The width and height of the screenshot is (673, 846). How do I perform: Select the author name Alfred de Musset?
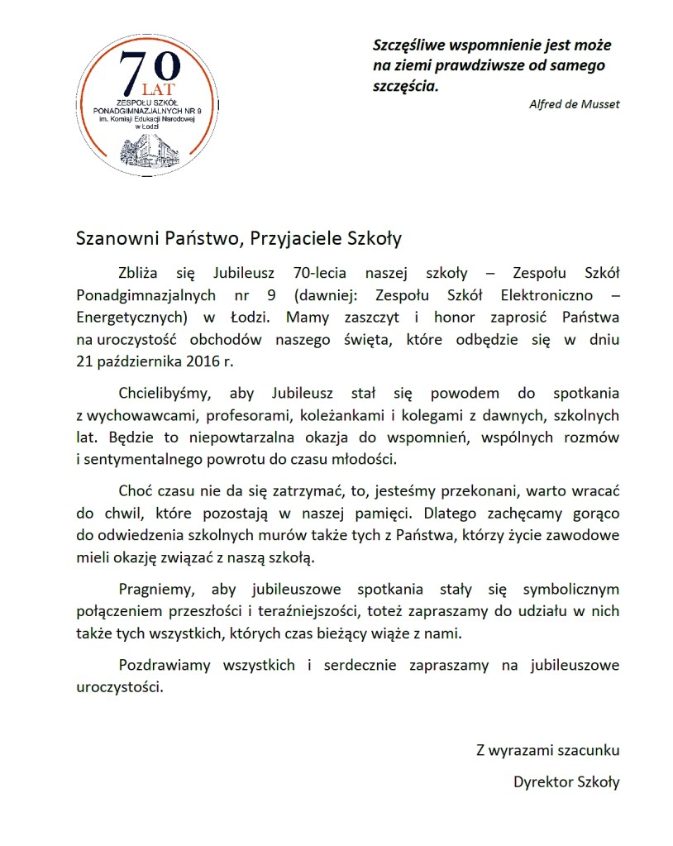574,104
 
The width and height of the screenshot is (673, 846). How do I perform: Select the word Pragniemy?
156,590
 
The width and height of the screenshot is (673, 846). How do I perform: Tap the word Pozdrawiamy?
165,665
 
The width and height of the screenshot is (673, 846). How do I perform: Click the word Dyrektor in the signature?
542,782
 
